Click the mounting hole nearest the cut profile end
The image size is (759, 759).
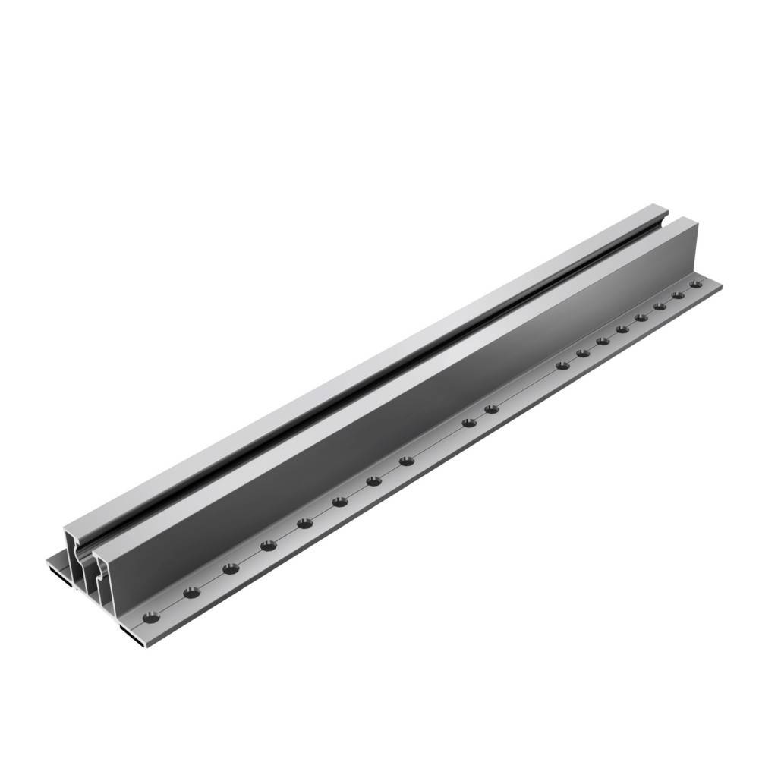click(150, 618)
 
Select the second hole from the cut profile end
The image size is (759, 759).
click(191, 592)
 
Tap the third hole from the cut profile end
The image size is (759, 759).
click(231, 568)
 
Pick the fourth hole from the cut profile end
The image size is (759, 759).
click(268, 545)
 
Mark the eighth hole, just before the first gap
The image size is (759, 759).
click(407, 460)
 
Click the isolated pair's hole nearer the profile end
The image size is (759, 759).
click(470, 422)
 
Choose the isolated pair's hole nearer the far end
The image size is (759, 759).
click(492, 409)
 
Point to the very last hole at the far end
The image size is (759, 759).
click(695, 285)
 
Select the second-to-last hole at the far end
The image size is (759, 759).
click(678, 295)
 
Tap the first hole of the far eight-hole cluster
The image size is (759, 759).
click(562, 365)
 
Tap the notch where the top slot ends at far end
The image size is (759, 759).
click(666, 221)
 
